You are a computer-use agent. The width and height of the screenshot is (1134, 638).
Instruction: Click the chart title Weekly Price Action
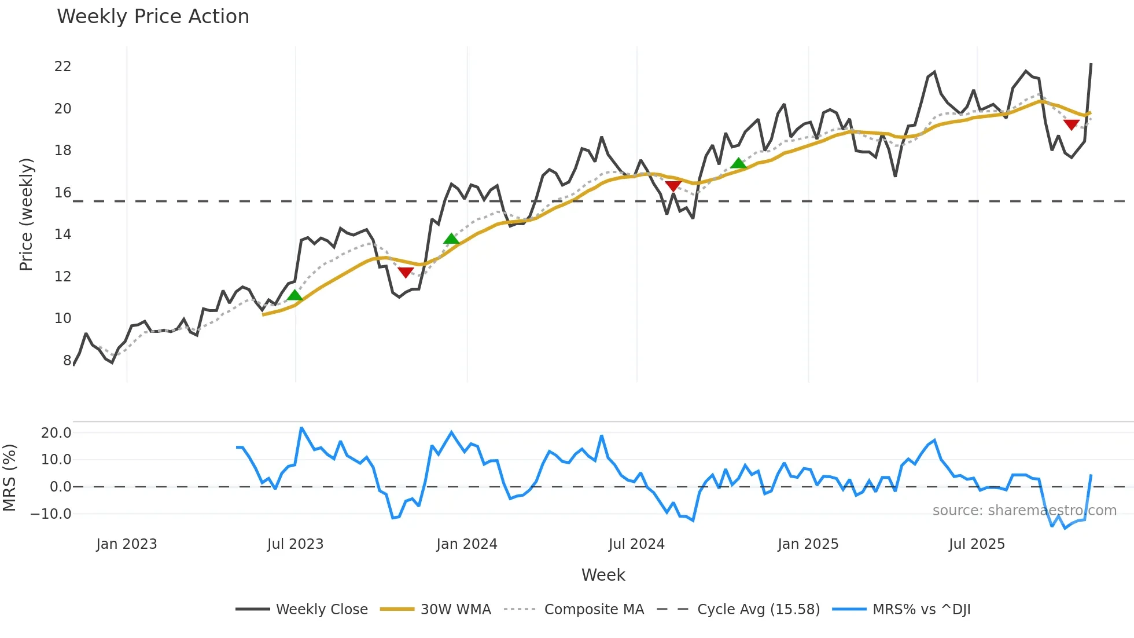tap(153, 17)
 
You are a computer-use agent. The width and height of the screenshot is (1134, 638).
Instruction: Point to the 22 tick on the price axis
tap(62, 67)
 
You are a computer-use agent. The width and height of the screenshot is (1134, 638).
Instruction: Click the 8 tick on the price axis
tap(67, 360)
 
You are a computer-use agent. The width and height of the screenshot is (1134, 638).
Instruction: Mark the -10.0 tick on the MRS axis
tap(51, 514)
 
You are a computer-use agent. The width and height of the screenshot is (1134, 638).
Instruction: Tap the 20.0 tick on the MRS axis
tap(56, 432)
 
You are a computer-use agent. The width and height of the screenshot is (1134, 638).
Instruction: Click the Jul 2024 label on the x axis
tap(636, 544)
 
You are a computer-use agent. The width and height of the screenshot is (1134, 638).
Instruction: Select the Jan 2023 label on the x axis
tap(127, 544)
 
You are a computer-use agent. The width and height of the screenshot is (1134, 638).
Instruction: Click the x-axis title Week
tap(603, 575)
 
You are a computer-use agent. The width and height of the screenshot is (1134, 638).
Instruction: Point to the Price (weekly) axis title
tap(26, 214)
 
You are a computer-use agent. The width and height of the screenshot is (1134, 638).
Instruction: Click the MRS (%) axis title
tap(9, 478)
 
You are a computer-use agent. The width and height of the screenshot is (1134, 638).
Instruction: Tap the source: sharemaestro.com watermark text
tap(1024, 511)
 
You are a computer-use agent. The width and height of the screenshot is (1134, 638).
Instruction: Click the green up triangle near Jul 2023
tap(295, 295)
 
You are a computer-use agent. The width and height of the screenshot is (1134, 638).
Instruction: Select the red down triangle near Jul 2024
tap(673, 186)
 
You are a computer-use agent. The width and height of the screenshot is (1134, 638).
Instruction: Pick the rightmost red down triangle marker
tap(1071, 124)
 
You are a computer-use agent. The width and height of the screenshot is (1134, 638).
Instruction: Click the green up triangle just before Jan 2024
tap(451, 239)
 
